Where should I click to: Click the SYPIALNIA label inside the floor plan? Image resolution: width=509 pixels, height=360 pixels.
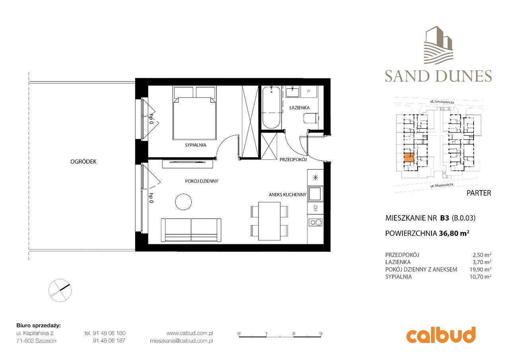click(195, 145)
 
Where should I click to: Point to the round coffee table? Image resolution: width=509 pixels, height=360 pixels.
click(184, 202)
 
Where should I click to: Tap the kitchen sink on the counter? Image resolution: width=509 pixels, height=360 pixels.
click(316, 194)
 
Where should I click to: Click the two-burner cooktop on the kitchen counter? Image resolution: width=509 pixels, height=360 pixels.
click(315, 223)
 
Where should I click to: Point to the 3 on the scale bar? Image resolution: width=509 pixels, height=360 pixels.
click(320, 333)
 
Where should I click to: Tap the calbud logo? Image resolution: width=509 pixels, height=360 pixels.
click(441, 335)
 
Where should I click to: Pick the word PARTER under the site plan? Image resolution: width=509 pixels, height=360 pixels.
click(478, 193)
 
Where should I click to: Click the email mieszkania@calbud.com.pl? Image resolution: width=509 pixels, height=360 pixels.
click(181, 341)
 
